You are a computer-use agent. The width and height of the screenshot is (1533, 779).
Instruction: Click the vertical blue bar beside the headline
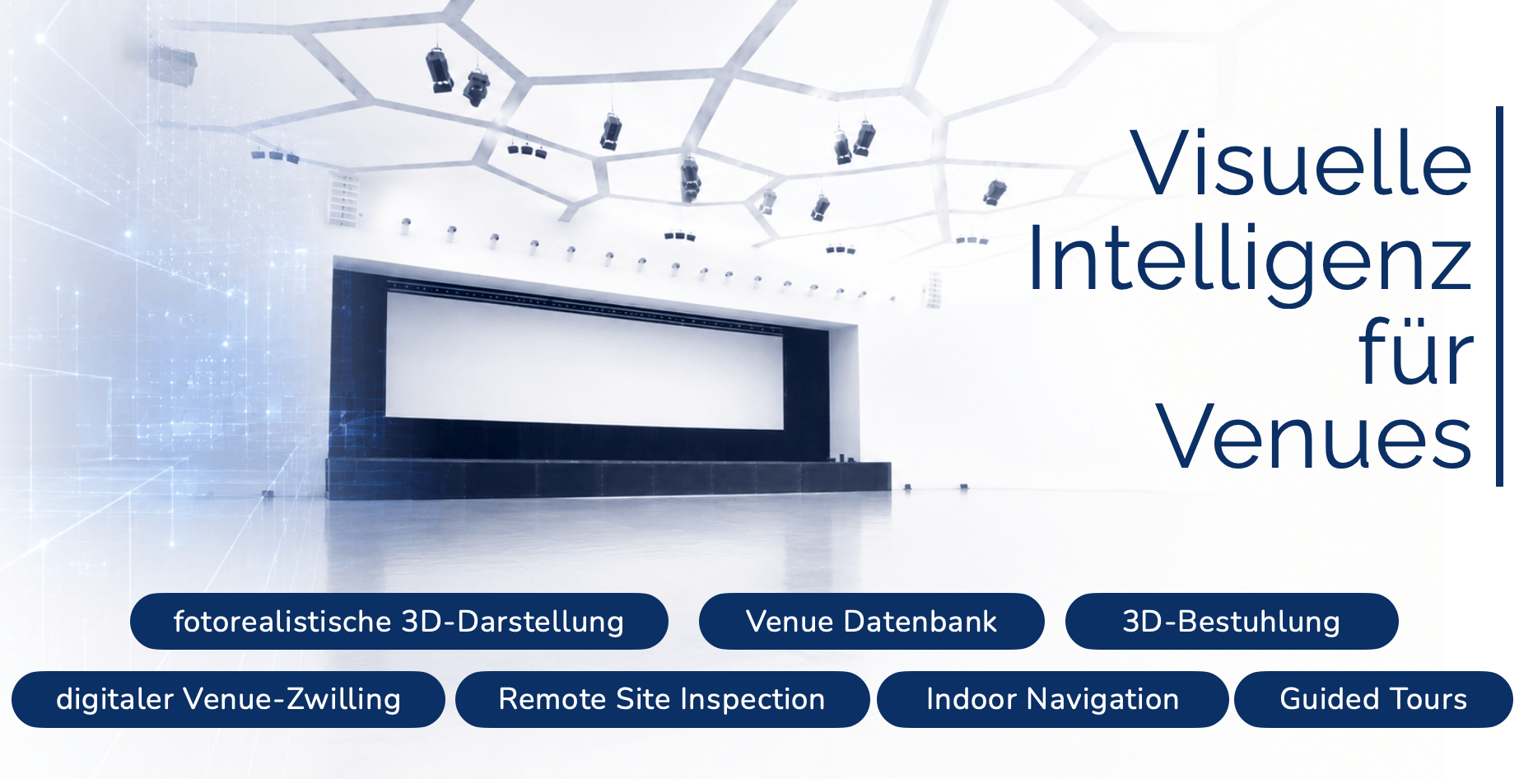[x=1499, y=296]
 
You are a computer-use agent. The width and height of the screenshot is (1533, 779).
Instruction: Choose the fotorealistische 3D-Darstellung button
[x=398, y=621]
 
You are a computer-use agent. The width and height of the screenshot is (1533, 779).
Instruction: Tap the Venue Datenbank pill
[x=871, y=621]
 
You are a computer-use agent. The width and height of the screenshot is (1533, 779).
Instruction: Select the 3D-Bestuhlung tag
[x=1232, y=621]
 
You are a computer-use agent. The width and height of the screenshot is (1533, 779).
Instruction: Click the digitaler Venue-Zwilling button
[x=228, y=699]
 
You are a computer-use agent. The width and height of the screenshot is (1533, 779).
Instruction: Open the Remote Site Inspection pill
[x=662, y=699]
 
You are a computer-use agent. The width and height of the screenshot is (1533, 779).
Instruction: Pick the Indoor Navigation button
[x=1052, y=699]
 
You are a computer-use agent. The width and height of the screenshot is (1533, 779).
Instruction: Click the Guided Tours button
[x=1373, y=699]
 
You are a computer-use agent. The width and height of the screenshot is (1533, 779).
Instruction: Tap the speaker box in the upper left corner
[x=173, y=63]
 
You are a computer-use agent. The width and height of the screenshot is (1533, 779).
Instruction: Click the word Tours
[x=1428, y=699]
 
